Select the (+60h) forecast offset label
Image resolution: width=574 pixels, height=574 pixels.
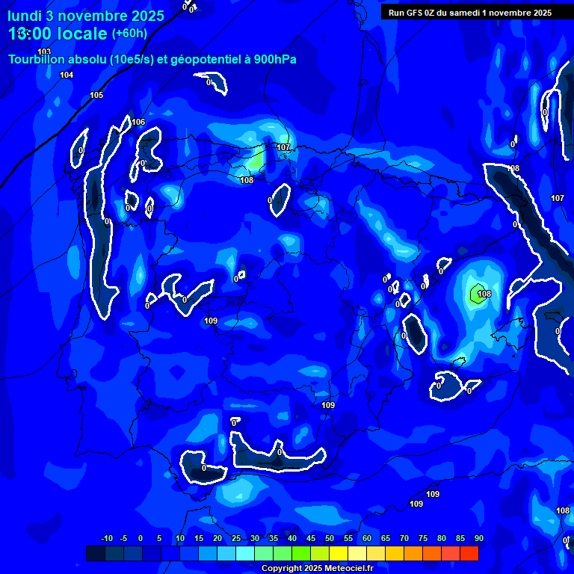coord(129,33)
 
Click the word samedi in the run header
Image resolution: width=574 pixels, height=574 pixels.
coord(480,13)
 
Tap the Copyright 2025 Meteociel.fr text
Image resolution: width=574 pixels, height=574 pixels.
coord(317,569)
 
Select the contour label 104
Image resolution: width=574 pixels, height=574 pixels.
coord(67,75)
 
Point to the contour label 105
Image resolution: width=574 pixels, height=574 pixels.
coord(96,96)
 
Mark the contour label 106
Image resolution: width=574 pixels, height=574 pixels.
coord(138,122)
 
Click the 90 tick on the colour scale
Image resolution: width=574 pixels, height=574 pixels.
coord(478,539)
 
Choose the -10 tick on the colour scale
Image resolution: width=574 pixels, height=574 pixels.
coord(106,539)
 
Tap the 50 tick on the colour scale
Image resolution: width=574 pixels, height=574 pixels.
coord(329,539)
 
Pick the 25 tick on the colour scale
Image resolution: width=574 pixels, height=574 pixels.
coord(235,539)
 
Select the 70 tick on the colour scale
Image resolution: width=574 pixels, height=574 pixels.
coord(404,539)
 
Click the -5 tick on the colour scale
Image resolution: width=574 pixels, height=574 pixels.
coord(123,539)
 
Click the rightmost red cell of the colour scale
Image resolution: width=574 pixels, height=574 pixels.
coord(469,553)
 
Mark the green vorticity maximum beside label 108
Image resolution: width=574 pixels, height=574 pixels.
coord(475,293)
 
